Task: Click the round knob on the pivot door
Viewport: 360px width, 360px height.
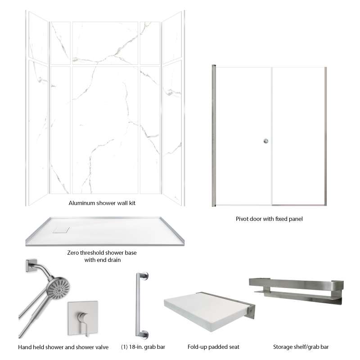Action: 266,141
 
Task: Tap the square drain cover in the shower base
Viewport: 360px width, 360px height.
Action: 61,230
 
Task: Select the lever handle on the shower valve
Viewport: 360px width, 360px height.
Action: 84,322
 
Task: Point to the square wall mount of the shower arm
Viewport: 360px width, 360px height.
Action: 31,265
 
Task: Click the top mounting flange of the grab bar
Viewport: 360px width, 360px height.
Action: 144,276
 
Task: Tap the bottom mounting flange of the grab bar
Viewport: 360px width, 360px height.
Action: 144,334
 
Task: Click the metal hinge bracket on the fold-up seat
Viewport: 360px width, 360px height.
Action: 251,311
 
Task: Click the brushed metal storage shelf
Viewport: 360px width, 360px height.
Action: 297,291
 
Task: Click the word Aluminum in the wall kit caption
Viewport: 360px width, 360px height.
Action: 82,203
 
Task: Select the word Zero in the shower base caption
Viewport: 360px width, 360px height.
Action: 72,252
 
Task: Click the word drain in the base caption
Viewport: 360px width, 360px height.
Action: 114,260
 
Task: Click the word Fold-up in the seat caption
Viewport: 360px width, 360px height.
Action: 197,347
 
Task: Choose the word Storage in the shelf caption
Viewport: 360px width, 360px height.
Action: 282,347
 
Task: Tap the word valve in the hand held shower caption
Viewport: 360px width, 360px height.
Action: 102,347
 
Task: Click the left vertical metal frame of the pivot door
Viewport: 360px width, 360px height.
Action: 214,136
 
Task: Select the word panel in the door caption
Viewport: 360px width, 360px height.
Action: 296,219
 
